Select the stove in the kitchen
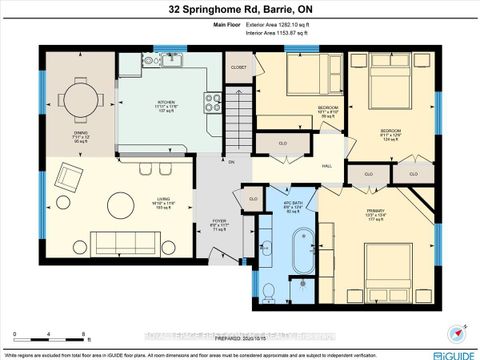pyautogui.click(x=212, y=100)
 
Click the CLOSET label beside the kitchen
pyautogui.click(x=238, y=67)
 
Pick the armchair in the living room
pyautogui.click(x=70, y=179)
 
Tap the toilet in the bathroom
pyautogui.click(x=269, y=290)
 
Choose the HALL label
pyautogui.click(x=326, y=168)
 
